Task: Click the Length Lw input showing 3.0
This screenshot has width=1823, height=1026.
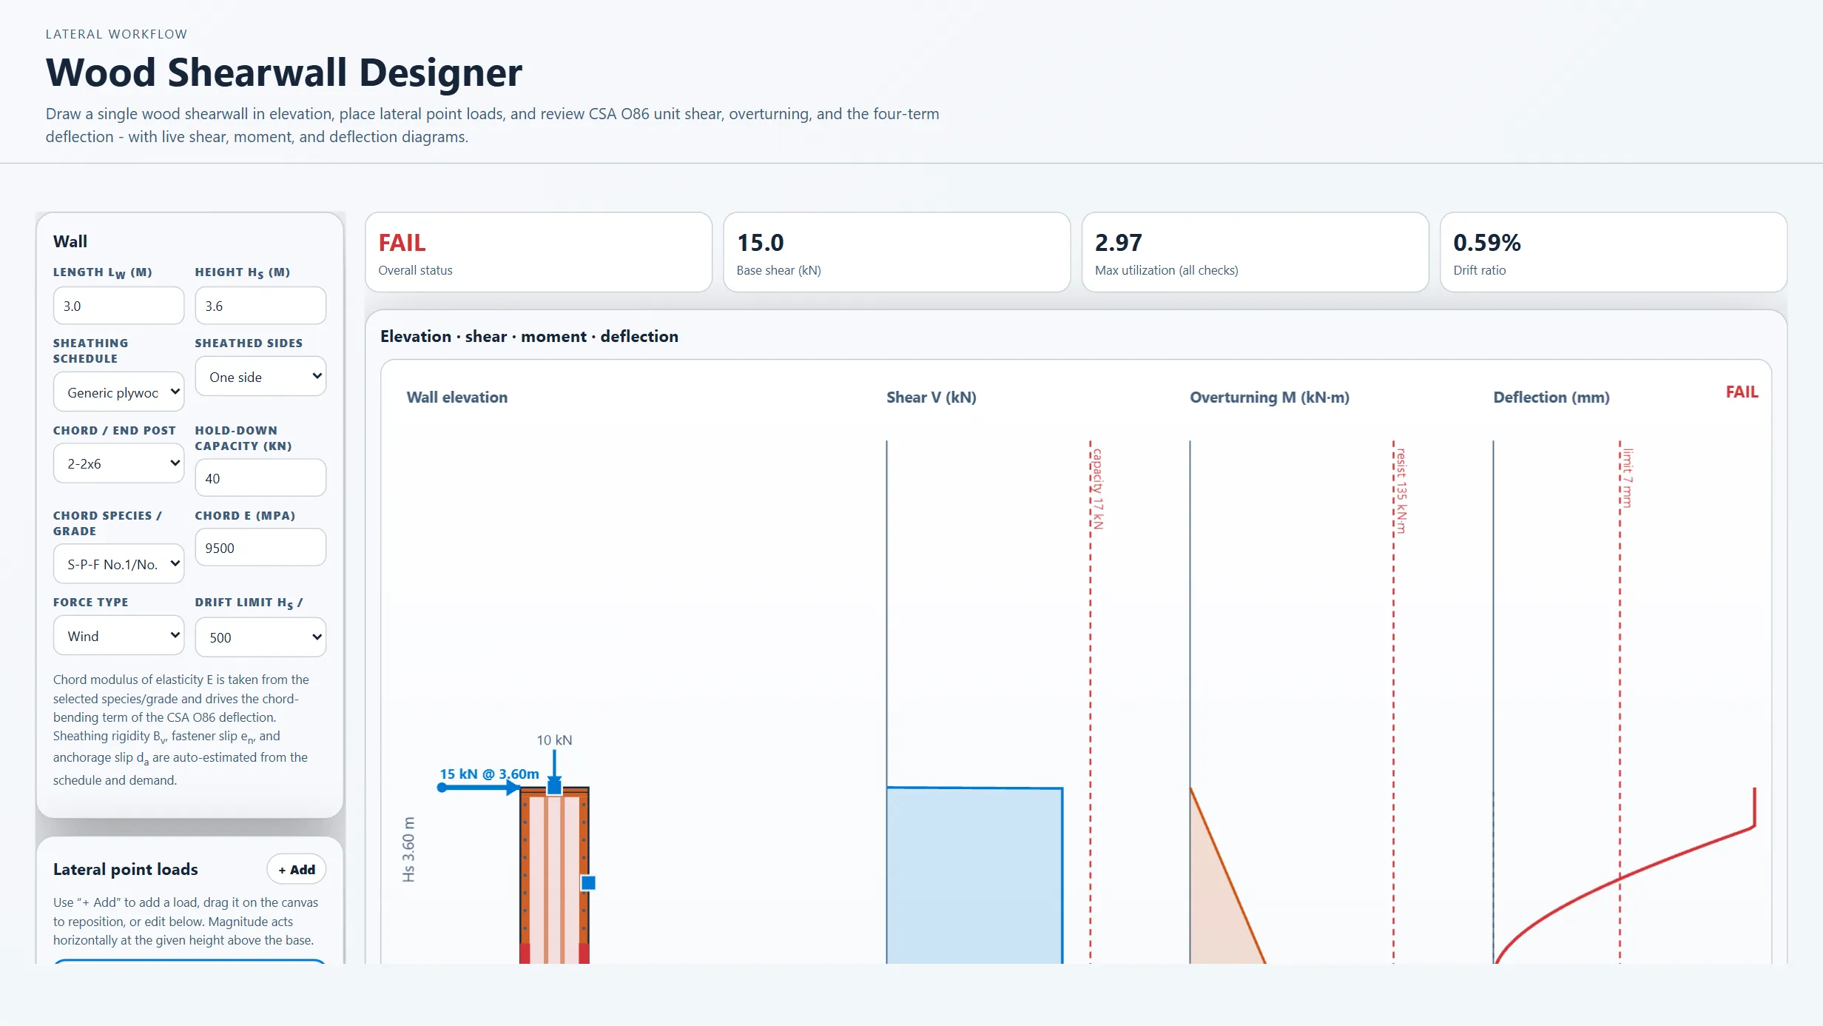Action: pos(118,306)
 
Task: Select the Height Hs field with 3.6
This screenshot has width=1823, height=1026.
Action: pos(260,306)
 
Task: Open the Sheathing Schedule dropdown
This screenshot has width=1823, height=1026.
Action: pos(118,392)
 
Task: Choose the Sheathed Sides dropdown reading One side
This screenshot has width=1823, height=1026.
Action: pos(260,377)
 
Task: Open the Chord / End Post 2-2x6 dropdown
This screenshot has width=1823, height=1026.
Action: pos(118,463)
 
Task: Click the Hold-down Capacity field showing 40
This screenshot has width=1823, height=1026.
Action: pos(260,478)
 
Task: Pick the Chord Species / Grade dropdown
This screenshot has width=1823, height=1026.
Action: pos(118,564)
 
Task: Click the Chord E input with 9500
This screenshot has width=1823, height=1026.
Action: pos(260,548)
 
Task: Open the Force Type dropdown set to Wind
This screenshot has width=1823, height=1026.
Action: pos(118,636)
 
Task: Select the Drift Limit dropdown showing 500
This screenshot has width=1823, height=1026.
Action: pos(260,637)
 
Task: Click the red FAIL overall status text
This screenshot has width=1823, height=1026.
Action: pos(402,243)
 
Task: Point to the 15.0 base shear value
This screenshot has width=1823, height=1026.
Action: pos(760,243)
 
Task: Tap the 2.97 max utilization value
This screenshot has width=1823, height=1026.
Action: pos(1118,243)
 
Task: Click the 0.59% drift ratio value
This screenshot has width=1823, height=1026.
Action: pos(1486,243)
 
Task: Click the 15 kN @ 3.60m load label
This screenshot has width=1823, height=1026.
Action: pos(489,774)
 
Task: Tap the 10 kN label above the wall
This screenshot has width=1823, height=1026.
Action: pos(554,740)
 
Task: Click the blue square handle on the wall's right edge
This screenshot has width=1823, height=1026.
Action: pos(588,882)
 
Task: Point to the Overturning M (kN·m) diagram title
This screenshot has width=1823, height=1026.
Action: pos(1270,398)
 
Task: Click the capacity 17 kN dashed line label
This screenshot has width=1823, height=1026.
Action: pos(1098,489)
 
